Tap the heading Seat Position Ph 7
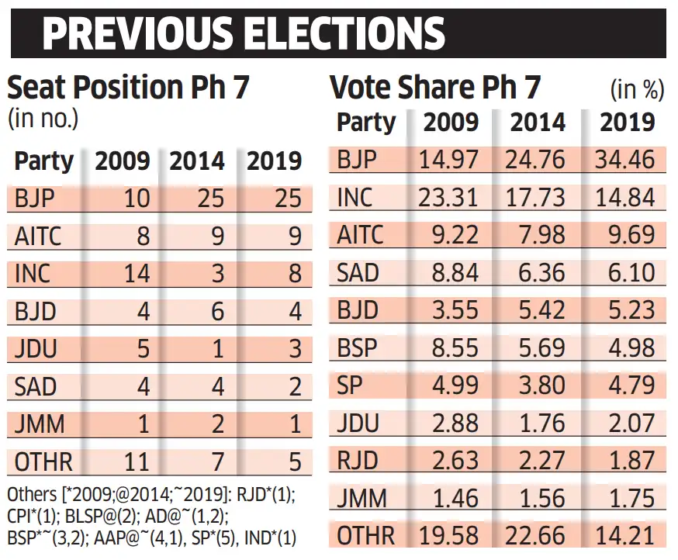[128, 88]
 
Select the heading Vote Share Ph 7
[435, 88]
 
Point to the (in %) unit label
[638, 90]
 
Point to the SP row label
[351, 385]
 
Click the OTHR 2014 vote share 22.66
[534, 535]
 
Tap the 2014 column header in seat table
[197, 161]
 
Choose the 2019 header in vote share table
[628, 123]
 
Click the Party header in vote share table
[366, 123]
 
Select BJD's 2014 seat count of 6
[217, 311]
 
